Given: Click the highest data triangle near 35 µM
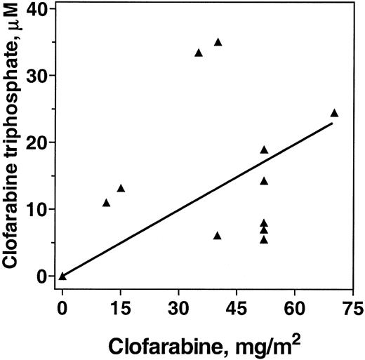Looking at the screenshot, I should (x=218, y=42).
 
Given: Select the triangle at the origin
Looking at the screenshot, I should (x=62, y=276).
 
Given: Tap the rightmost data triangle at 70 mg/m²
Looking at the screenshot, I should (x=334, y=113).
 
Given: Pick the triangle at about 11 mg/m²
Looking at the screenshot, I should (x=106, y=203).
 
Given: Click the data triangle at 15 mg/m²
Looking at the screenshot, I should (x=121, y=188).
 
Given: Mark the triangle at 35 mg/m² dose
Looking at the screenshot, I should (x=199, y=53).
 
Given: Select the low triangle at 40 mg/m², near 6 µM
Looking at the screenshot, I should (x=218, y=236).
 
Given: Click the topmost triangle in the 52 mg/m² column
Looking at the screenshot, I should (x=264, y=149).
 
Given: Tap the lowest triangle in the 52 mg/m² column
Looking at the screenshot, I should (x=264, y=239).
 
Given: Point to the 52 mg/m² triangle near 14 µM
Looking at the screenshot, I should (x=264, y=180).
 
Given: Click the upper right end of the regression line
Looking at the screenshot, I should (x=331, y=124).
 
